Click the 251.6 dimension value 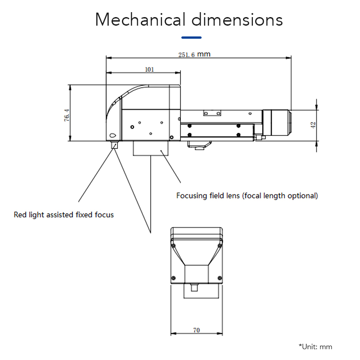coord(194,54)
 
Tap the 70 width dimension coord(196,330)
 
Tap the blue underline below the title coord(191,37)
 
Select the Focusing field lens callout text coord(247,196)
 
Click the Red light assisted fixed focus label coord(63,215)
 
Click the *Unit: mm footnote coord(315,346)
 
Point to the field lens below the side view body coord(151,148)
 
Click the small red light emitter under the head coord(114,144)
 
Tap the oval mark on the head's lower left coord(112,135)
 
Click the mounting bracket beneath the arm coord(199,144)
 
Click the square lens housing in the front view coord(196,274)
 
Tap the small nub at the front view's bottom coord(194,287)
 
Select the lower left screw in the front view coord(173,277)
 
